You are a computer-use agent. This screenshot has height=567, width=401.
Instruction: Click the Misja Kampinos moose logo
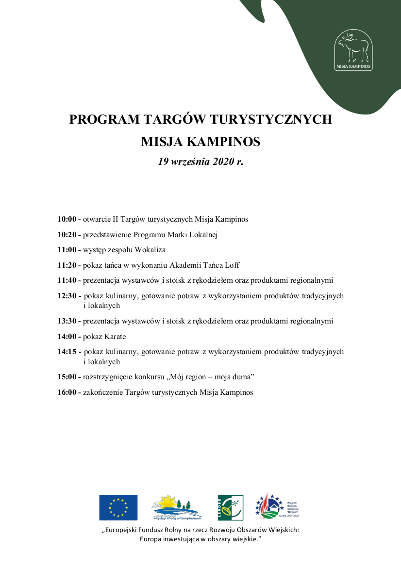click(353, 51)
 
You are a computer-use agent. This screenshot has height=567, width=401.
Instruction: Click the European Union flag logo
click(118, 507)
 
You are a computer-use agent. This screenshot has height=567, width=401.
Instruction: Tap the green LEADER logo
click(230, 507)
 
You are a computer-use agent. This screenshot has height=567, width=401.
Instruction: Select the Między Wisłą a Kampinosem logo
click(177, 507)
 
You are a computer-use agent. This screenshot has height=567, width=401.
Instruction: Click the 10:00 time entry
click(67, 219)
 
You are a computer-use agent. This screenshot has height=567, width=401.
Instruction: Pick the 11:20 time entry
click(67, 265)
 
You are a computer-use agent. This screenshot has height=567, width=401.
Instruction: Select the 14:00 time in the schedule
click(67, 337)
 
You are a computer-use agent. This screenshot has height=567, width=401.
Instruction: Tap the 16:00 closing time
click(67, 392)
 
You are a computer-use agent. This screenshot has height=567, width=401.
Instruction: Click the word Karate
click(115, 337)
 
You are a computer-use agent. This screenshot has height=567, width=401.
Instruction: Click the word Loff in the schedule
click(232, 265)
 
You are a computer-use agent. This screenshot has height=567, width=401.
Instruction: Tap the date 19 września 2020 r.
click(200, 162)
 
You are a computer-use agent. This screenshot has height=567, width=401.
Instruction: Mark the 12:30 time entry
click(67, 296)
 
